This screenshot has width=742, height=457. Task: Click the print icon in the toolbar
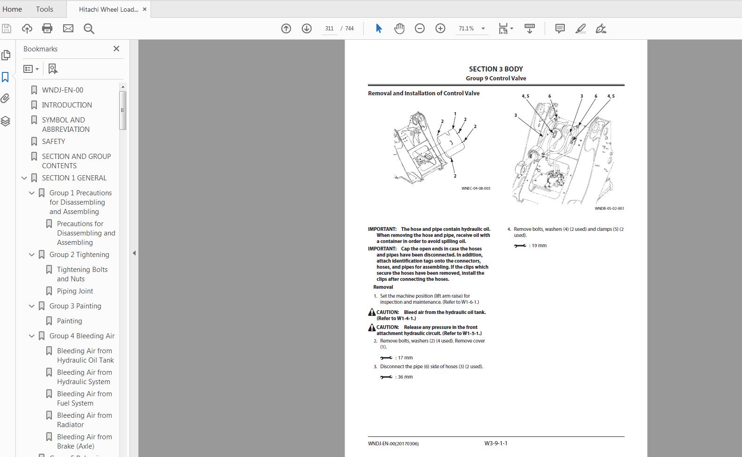(x=47, y=29)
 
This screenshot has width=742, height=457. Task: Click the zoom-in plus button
(x=440, y=29)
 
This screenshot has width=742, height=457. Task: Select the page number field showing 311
(x=329, y=29)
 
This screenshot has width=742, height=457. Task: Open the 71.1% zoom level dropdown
(x=483, y=29)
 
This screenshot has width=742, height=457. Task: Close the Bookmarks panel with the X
(x=116, y=49)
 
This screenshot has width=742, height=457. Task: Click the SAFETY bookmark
(x=53, y=141)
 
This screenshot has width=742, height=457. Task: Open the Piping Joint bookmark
(x=75, y=291)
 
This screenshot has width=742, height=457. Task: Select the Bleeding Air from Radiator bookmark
(x=84, y=420)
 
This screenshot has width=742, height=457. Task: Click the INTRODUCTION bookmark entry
(x=67, y=105)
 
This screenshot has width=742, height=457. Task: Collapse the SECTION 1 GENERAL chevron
(x=24, y=178)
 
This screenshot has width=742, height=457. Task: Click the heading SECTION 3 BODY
(x=496, y=69)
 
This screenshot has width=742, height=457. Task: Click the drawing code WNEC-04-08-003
(x=475, y=188)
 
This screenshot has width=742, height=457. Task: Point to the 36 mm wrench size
(x=405, y=377)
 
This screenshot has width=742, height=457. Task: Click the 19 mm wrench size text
(x=539, y=245)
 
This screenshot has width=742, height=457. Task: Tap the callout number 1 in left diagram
(x=455, y=114)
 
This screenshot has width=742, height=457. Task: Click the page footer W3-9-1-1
(x=496, y=443)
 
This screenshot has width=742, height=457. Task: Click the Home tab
(x=12, y=9)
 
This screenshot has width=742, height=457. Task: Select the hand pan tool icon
(x=399, y=29)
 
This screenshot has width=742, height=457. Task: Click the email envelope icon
(x=68, y=29)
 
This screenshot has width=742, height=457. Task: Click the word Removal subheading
(x=383, y=287)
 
